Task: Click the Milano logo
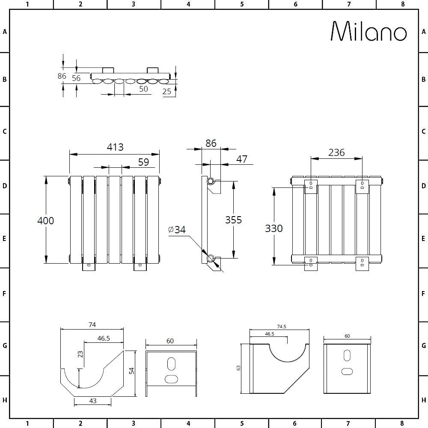[x=369, y=32]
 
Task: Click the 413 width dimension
[x=115, y=147]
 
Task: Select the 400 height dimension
[x=46, y=220]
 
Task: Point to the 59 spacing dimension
[x=143, y=162]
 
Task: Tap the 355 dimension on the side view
[x=233, y=220]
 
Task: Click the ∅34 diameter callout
[x=177, y=230]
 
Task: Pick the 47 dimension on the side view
[x=242, y=159]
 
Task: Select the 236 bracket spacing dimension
[x=336, y=152]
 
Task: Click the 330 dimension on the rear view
[x=273, y=229]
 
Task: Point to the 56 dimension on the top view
[x=76, y=78]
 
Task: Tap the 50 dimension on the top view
[x=143, y=89]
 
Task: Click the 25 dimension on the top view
[x=167, y=91]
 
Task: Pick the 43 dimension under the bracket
[x=93, y=401]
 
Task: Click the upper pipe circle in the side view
[x=211, y=181]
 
